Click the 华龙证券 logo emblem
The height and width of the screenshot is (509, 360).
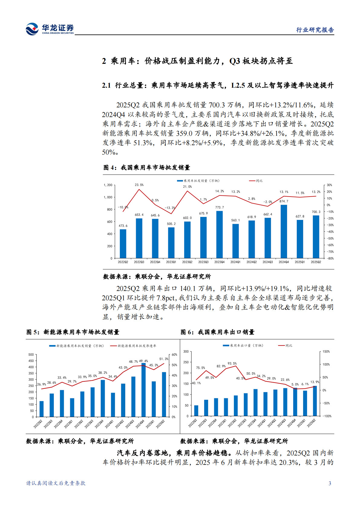pyautogui.click(x=32, y=29)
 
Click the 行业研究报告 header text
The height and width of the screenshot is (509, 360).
pyautogui.click(x=315, y=30)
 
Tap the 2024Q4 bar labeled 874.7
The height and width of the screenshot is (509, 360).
pyautogui.click(x=284, y=231)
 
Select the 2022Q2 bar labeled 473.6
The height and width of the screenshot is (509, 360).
pyautogui.click(x=123, y=243)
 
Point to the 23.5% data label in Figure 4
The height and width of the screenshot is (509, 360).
pyautogui.click(x=139, y=185)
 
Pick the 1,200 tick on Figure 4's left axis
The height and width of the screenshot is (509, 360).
pyautogui.click(x=108, y=185)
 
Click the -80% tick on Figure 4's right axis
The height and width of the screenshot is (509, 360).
pyautogui.click(x=330, y=259)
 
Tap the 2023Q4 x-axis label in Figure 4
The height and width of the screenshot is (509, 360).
pyautogui.click(x=219, y=262)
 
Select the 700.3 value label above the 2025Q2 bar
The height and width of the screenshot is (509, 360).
pyautogui.click(x=316, y=212)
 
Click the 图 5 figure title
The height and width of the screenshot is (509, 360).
pyautogui.click(x=73, y=332)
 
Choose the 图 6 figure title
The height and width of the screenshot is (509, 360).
pyautogui.click(x=218, y=332)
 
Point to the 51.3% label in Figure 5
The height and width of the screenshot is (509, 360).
pyautogui.click(x=164, y=359)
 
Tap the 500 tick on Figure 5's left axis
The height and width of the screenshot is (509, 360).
pyautogui.click(x=31, y=354)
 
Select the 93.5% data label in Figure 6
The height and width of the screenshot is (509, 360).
pyautogui.click(x=232, y=364)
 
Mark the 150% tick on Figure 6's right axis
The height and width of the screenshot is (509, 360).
pyautogui.click(x=326, y=352)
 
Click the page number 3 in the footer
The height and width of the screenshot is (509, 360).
pyautogui.click(x=330, y=483)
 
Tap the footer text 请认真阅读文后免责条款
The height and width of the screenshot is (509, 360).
pyautogui.click(x=56, y=483)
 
